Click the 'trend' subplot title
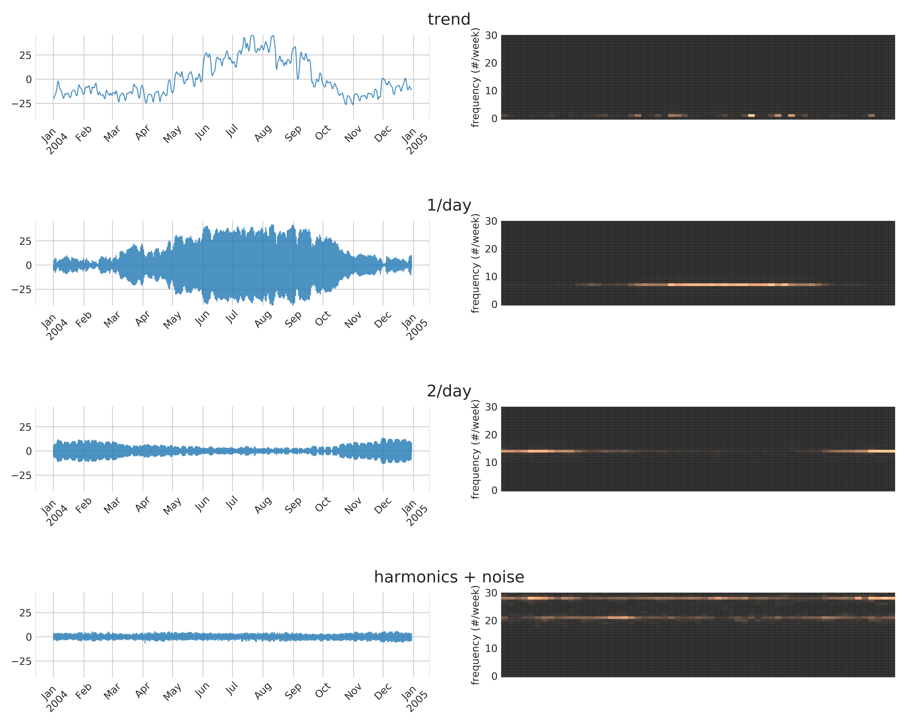pyautogui.click(x=449, y=19)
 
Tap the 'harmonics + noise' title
pyautogui.click(x=449, y=577)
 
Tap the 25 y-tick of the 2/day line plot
pyautogui.click(x=25, y=427)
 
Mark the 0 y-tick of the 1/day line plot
pyautogui.click(x=29, y=265)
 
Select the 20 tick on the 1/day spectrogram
pyautogui.click(x=491, y=249)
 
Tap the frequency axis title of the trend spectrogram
pyautogui.click(x=475, y=77)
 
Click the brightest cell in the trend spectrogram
pyautogui.click(x=751, y=115)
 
